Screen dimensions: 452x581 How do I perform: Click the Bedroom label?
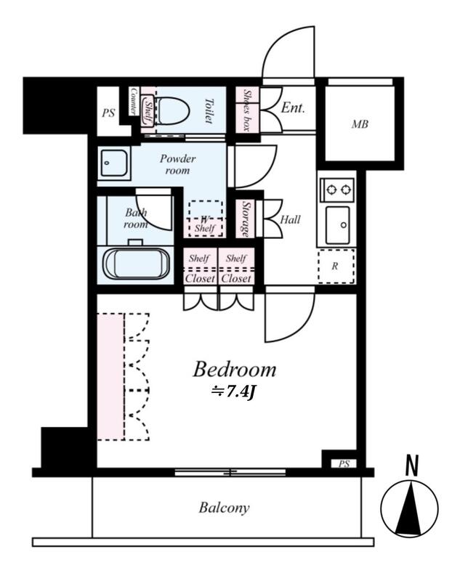[234, 369]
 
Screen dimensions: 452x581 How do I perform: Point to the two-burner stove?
[337, 190]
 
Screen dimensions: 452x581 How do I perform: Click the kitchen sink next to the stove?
[337, 225]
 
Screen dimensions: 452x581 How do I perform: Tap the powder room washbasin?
[114, 163]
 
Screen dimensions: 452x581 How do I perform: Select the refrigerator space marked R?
[336, 267]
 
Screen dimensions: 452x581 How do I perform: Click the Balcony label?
[224, 507]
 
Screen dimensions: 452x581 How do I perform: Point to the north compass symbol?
[409, 508]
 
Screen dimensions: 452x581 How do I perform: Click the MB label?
[359, 124]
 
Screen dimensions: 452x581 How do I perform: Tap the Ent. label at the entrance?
[293, 107]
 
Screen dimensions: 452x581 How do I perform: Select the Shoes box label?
[247, 110]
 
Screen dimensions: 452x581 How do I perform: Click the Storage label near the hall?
[246, 219]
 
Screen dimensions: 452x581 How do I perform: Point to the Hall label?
[290, 220]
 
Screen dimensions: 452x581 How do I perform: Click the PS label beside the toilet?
[108, 113]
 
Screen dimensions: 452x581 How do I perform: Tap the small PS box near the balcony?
[344, 463]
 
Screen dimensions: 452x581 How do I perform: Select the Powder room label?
[177, 165]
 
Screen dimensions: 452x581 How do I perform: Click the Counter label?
[134, 101]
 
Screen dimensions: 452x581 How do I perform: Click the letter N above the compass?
[412, 466]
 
